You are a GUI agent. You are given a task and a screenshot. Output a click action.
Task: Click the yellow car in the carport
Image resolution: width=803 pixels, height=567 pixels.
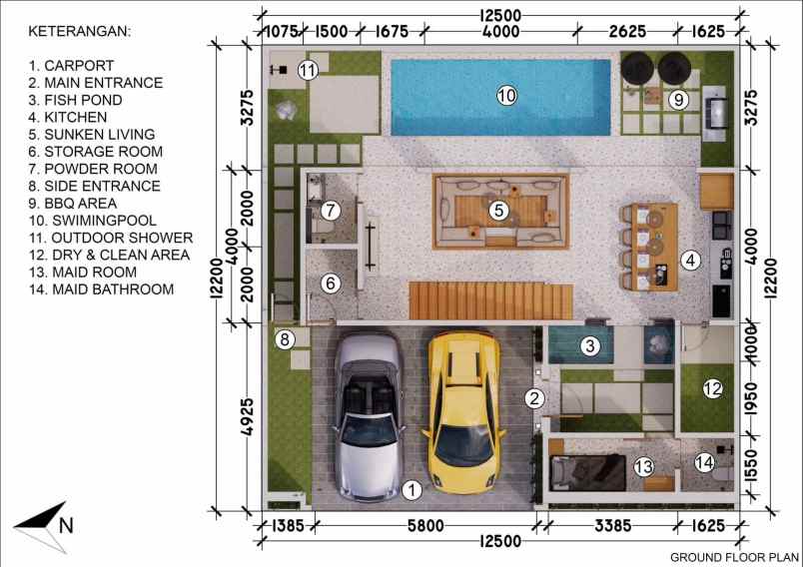click(462, 411)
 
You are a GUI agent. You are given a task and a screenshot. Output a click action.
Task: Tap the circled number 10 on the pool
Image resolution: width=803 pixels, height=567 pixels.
click(506, 96)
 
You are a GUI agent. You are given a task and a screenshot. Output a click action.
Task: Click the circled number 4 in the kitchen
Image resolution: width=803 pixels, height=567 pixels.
click(689, 261)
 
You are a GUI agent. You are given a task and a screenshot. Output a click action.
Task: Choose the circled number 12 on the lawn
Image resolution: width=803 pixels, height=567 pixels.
click(711, 389)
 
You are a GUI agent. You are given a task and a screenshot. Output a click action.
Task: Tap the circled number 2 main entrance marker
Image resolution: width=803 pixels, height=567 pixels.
click(535, 398)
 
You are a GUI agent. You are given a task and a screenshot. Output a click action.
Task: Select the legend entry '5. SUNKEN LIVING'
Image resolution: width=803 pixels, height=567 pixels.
click(92, 134)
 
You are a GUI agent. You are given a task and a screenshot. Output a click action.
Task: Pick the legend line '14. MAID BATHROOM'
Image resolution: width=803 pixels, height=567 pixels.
click(101, 289)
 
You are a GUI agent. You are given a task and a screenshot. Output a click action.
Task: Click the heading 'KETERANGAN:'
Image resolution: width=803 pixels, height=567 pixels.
click(79, 31)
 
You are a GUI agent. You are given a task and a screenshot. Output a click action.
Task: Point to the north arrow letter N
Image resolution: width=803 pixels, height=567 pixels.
click(67, 523)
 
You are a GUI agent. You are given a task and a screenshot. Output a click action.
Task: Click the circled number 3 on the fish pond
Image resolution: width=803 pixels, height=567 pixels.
click(590, 346)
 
